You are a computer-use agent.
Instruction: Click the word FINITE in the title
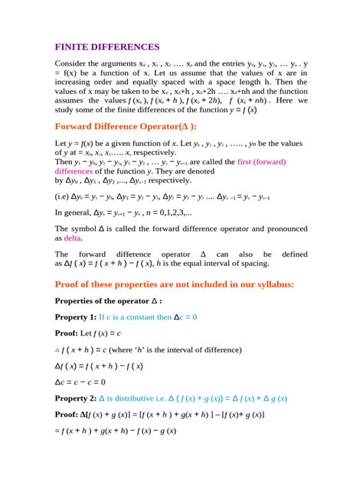[75, 47]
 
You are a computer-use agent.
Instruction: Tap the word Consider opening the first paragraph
[73, 64]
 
